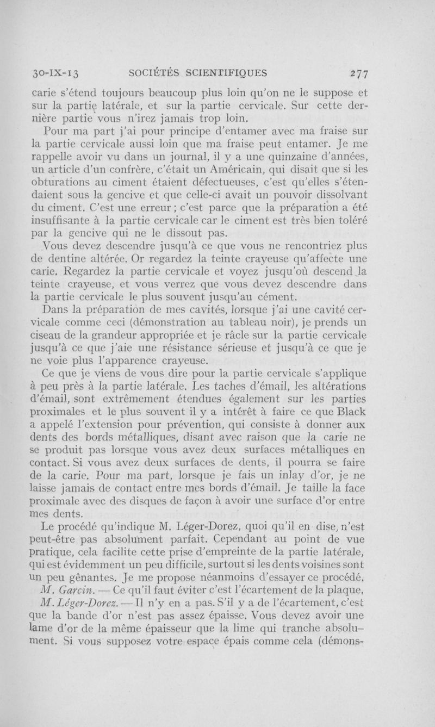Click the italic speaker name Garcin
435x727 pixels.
[x=86, y=591]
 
